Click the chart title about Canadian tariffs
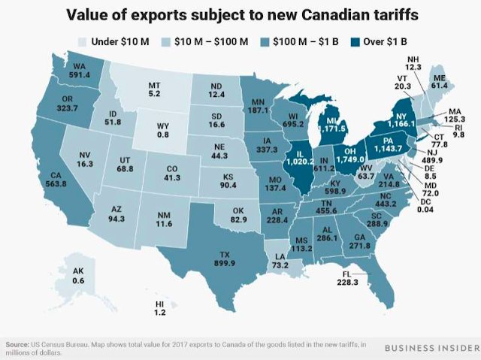click(240, 14)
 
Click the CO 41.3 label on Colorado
click(174, 177)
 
